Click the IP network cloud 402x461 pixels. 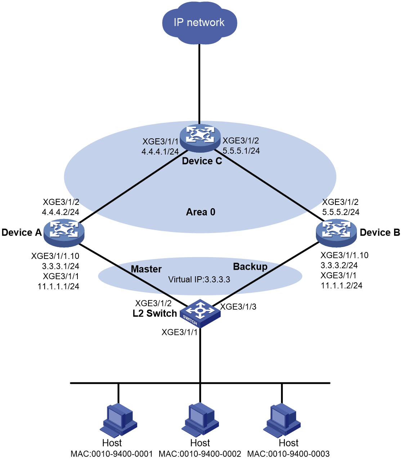coord(200,23)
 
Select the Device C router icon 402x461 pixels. coord(200,138)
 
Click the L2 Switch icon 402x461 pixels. coord(200,313)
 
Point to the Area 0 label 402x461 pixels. coord(201,212)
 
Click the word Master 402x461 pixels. coord(146,269)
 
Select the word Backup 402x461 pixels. coord(250,267)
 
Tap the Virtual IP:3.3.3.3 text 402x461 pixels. coord(199,279)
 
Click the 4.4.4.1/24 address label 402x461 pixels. coord(160,152)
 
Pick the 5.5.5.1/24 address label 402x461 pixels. coord(241,151)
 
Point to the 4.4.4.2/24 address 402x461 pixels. coord(61,212)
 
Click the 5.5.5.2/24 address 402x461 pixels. coord(341,212)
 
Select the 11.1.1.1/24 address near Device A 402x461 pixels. coord(58,286)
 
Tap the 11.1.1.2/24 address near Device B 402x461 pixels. coord(341,286)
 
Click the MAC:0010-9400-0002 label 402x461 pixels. coord(200,454)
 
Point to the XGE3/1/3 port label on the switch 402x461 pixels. coord(238,306)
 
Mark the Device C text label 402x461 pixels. coord(202,161)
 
